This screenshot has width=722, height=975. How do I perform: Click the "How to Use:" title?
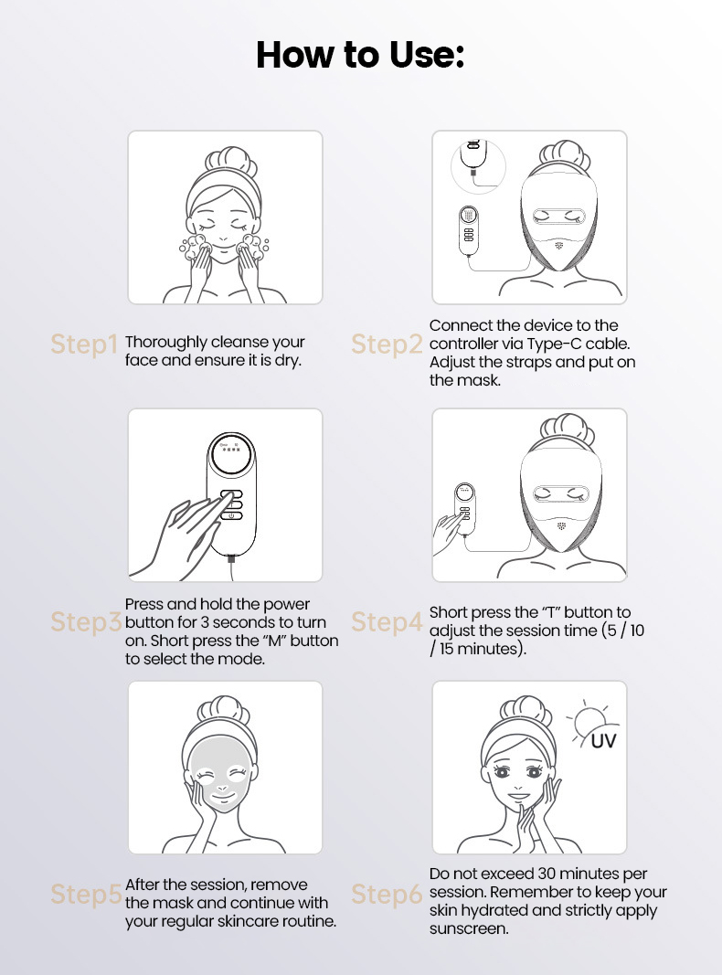(x=360, y=55)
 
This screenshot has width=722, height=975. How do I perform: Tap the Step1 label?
(x=84, y=344)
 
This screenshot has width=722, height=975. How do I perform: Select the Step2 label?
(x=387, y=344)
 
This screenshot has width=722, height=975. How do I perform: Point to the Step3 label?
(x=86, y=621)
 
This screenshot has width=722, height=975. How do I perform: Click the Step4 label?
(x=387, y=621)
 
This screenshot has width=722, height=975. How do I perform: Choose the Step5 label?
(x=86, y=895)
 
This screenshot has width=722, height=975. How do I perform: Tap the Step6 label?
(x=387, y=895)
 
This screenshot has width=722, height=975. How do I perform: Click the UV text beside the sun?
(x=603, y=740)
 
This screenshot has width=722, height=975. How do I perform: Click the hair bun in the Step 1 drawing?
(x=230, y=163)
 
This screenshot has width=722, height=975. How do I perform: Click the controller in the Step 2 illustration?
(x=469, y=230)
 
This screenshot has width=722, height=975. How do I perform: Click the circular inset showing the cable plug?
(x=478, y=166)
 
